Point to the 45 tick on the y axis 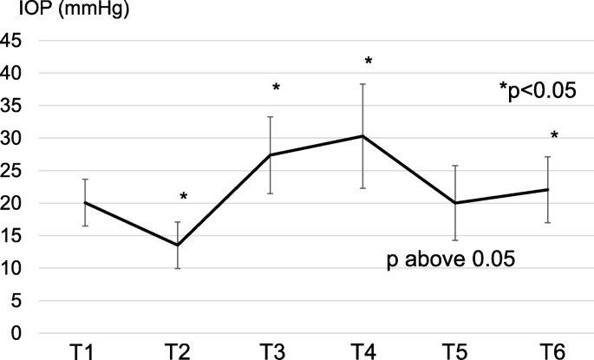click(13, 41)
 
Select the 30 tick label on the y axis click(13, 138)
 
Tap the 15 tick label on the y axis click(13, 236)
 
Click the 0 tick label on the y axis click(17, 334)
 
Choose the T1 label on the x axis click(85, 351)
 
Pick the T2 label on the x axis click(178, 351)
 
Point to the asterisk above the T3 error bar click(277, 88)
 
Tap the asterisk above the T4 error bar click(369, 62)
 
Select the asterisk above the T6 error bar click(554, 136)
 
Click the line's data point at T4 click(362, 136)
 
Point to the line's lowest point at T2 click(178, 245)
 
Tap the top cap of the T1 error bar click(85, 180)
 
